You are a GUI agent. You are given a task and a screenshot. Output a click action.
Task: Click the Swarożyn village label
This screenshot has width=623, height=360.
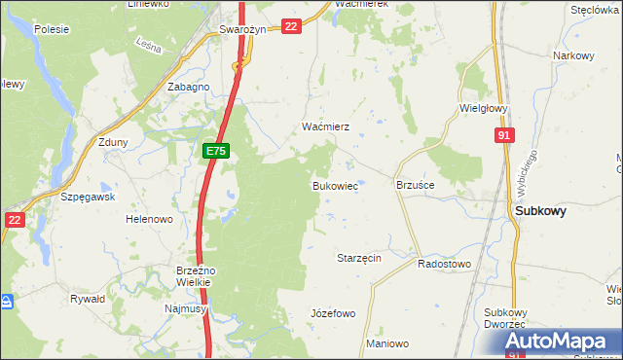pos(242,29)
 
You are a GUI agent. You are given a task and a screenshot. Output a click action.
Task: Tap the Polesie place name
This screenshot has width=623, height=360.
pos(50,29)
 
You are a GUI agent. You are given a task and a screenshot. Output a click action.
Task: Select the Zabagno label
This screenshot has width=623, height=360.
pos(189,87)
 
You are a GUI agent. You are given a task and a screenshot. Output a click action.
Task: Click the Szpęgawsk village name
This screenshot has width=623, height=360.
pos(88,196)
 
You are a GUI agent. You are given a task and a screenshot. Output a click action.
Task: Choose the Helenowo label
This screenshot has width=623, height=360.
pos(149,219)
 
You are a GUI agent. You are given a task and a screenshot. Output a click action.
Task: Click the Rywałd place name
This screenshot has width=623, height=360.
pos(88,300)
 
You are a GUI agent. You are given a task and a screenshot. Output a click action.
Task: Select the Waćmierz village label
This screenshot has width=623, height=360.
pos(318,127)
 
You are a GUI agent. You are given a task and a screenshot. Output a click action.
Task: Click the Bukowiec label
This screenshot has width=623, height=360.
pos(334,185)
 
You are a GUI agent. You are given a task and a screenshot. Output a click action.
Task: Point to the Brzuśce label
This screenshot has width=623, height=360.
pos(416,184)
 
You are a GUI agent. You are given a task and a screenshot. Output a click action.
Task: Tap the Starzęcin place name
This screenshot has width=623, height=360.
pos(357,258)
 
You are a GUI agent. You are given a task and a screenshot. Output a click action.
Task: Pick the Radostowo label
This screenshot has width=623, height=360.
pos(444,264)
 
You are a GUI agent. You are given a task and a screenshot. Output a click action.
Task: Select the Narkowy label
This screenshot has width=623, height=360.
pos(573,55)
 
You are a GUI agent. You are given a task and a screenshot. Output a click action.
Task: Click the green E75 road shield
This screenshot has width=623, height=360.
pos(216,152)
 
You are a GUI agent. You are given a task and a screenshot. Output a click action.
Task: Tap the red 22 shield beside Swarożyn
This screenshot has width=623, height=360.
pos(290,26)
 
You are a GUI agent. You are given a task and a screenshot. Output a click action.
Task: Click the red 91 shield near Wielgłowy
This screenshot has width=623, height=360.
pos(503,137)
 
